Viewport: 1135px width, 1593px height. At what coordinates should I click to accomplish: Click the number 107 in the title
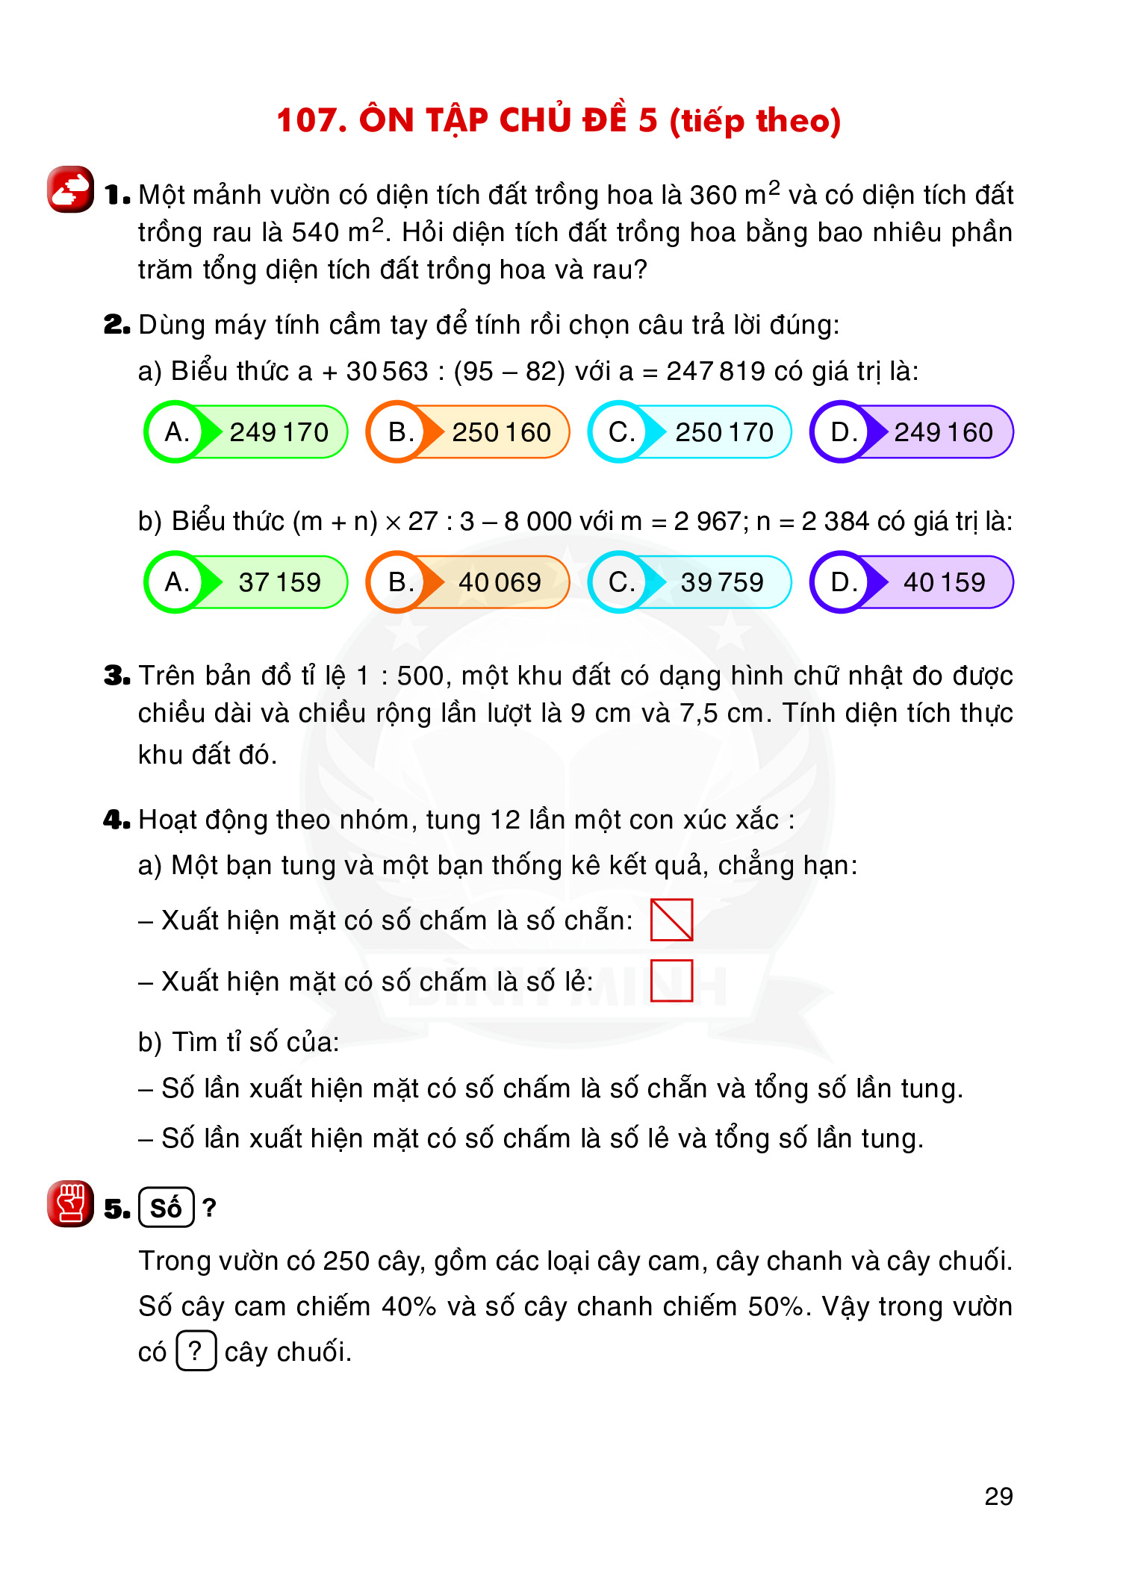pos(305,120)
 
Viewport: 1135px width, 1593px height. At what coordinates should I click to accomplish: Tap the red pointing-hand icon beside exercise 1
pos(70,190)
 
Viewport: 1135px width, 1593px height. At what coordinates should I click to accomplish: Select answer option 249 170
pos(246,432)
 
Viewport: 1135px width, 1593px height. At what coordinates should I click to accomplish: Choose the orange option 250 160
pos(468,432)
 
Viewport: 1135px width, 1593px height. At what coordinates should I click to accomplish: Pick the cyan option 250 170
pos(691,432)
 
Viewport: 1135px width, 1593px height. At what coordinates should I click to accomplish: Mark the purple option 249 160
pos(912,432)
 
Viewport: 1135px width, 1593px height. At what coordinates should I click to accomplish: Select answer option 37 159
pos(246,582)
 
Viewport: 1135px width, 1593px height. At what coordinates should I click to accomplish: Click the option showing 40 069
pos(468,582)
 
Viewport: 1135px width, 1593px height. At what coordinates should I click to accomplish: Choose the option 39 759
pos(691,582)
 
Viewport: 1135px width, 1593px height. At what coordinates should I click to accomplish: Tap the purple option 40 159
pos(912,582)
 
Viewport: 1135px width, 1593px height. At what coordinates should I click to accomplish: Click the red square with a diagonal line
pos(671,920)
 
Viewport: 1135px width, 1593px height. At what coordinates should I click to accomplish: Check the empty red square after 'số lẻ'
pos(671,981)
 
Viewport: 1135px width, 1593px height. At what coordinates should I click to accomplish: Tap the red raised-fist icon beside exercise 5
pos(70,1203)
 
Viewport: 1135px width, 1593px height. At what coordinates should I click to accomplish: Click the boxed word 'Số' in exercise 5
pos(166,1207)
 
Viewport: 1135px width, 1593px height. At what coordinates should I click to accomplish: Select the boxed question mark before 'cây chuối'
pos(196,1350)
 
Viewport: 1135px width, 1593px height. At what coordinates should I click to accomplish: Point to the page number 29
pos(998,1496)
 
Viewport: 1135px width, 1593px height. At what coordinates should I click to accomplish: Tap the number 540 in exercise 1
pos(315,233)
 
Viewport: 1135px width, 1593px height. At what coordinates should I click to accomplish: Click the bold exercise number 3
pos(116,676)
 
